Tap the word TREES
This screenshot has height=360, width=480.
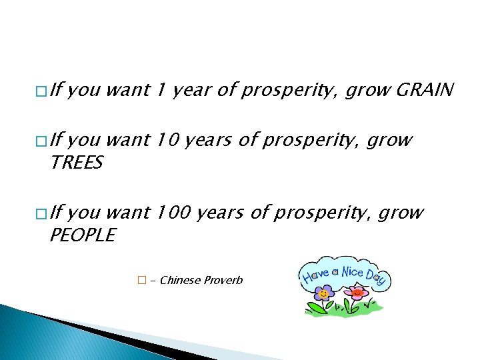tap(76, 163)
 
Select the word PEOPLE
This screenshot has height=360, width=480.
tap(82, 235)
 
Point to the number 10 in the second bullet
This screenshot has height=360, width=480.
tap(167, 140)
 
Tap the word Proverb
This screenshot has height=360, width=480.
tap(223, 280)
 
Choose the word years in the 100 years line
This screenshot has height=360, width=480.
tap(221, 213)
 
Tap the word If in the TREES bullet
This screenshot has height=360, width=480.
tap(57, 140)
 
